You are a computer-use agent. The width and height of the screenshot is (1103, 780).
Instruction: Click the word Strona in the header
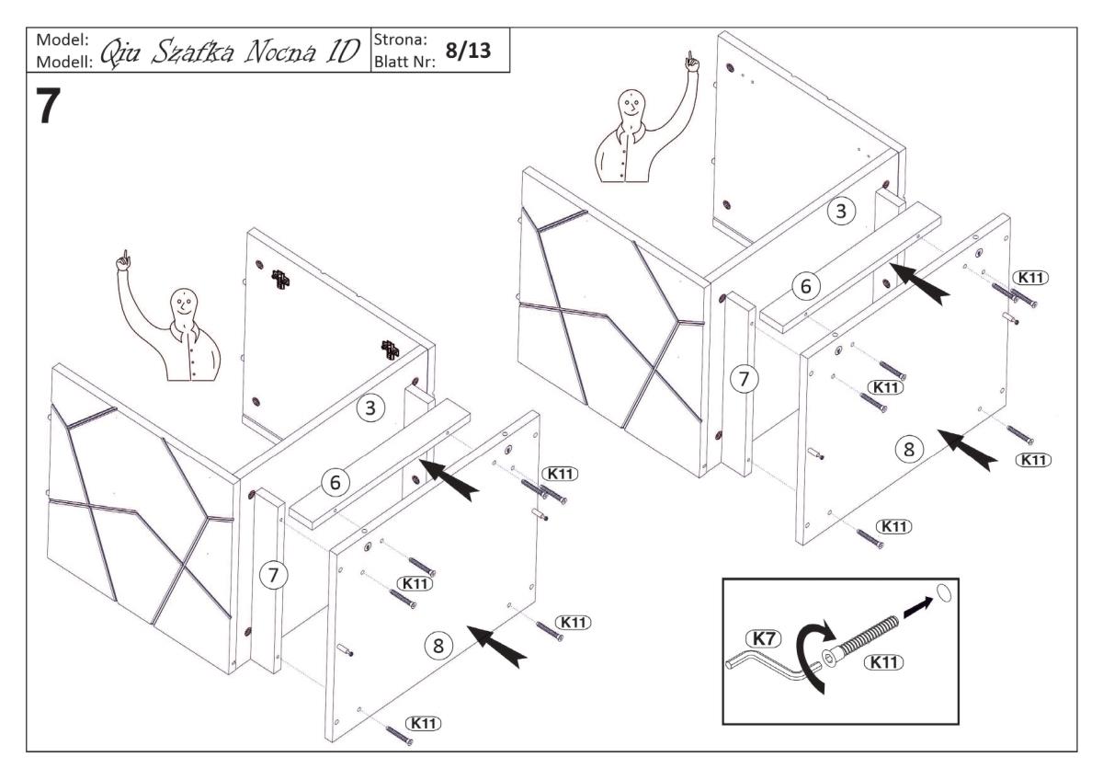397,40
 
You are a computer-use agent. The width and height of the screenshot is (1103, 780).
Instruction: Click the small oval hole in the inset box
939,591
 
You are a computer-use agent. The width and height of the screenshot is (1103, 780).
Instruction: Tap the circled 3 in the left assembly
370,409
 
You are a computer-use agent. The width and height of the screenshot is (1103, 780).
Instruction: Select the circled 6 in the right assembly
806,286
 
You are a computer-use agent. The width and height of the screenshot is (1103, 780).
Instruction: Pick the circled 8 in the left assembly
438,645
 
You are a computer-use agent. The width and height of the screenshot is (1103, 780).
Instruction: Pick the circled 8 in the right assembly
908,450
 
